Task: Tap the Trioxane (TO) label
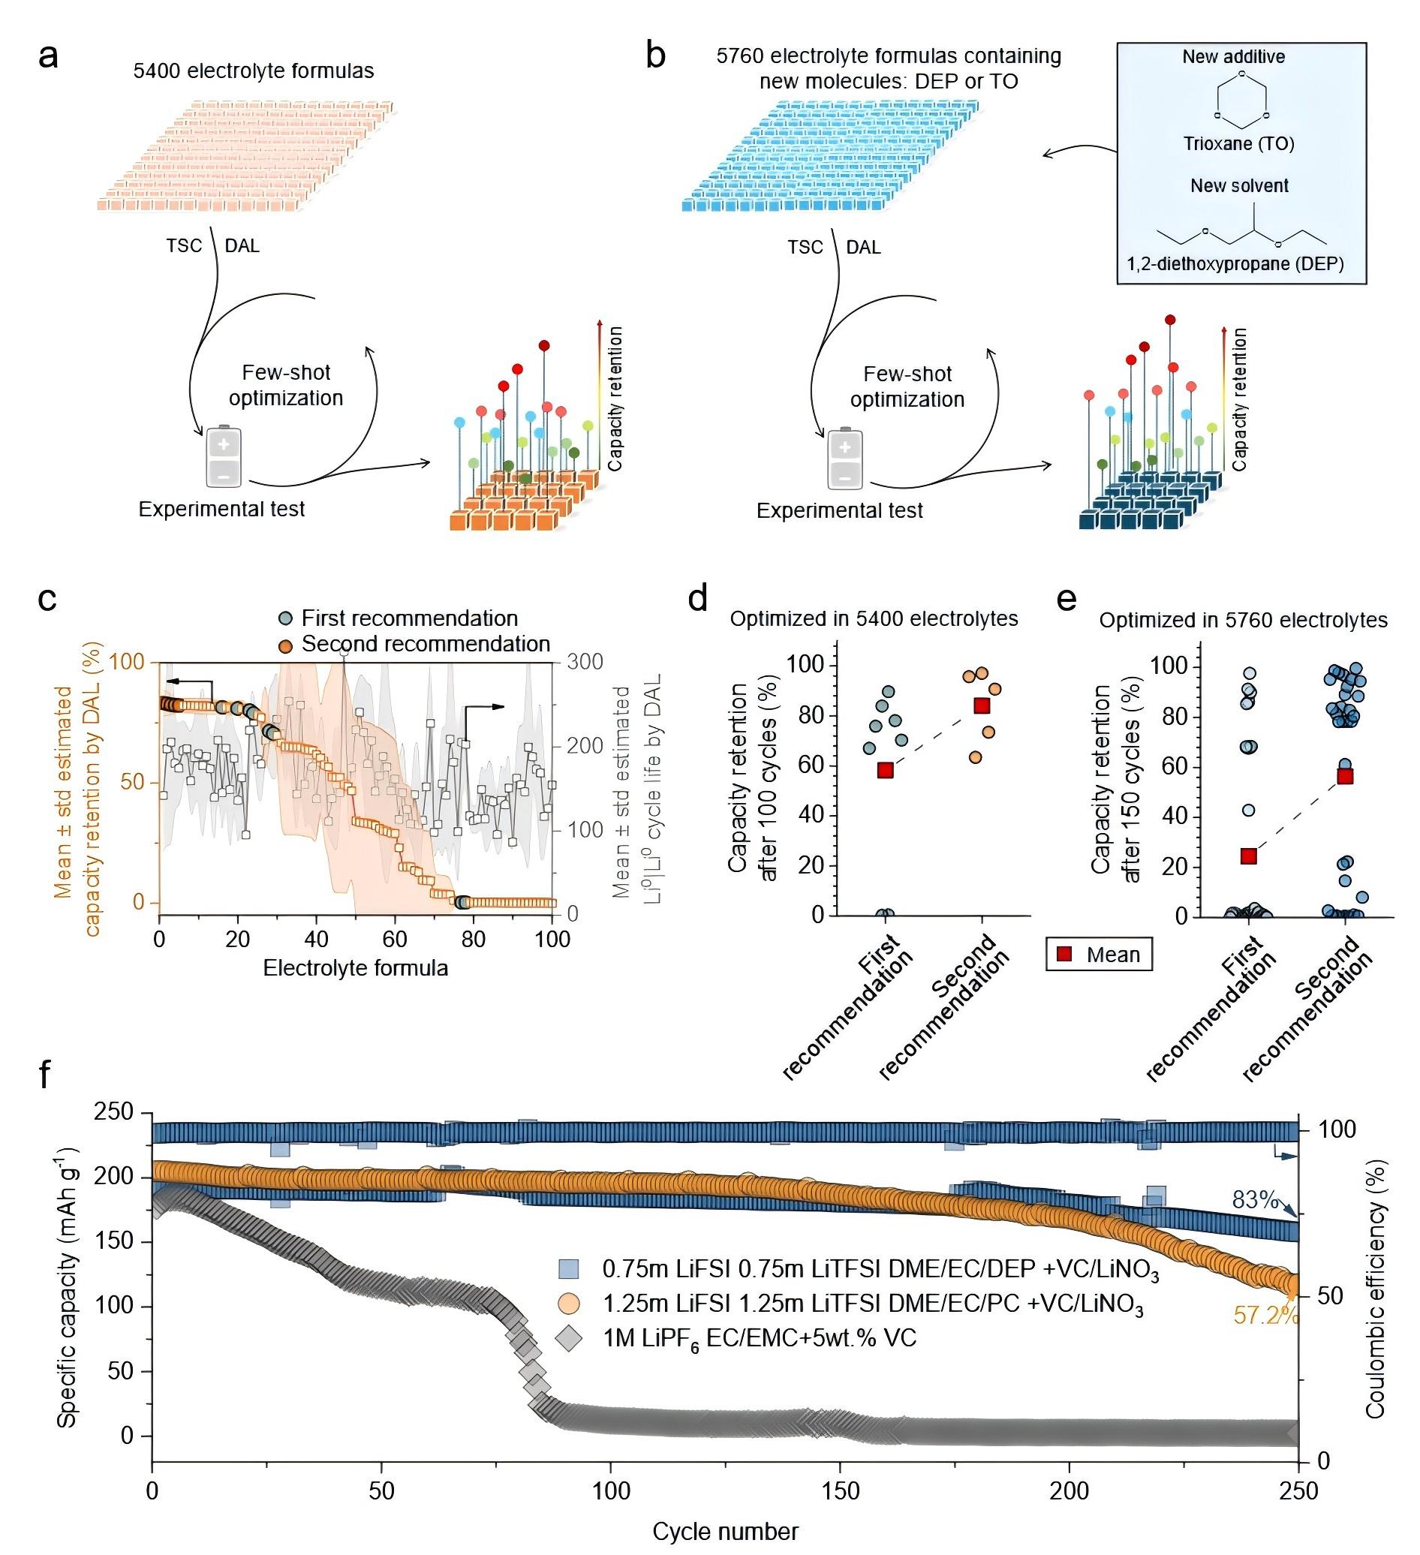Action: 1238,143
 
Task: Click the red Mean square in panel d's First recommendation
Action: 886,770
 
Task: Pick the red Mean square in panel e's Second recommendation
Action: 1345,776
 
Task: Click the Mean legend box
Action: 1099,954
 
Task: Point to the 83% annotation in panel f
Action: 1256,1199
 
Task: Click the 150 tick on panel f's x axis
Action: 841,1490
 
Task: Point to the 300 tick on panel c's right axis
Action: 585,662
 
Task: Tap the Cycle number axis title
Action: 726,1531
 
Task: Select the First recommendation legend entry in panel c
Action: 398,618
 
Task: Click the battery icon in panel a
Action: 224,456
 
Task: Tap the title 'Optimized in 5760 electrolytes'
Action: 1244,620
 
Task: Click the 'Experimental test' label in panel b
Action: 839,510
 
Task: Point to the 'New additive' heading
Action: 1234,56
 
